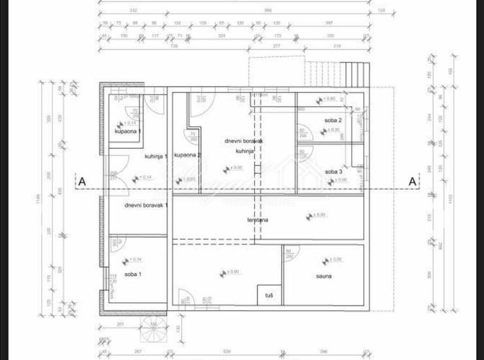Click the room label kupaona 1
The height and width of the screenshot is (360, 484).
[128, 132]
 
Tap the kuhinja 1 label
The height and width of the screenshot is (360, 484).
[156, 156]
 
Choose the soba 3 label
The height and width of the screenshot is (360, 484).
[334, 171]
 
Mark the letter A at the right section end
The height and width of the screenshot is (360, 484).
[412, 181]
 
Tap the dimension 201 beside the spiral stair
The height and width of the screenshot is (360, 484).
[120, 323]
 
